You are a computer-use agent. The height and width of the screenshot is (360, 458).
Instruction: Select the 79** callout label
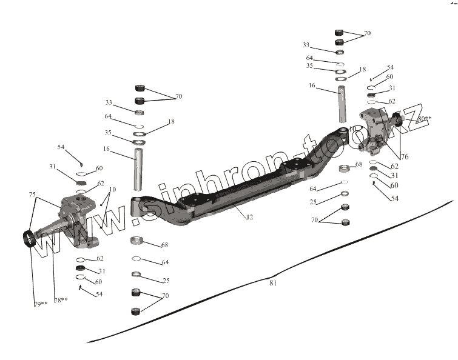(40, 303)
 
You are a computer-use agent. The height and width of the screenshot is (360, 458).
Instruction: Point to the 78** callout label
(60, 300)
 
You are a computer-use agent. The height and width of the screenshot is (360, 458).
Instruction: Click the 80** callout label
(425, 119)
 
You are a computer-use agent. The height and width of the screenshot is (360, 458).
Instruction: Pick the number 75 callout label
(32, 195)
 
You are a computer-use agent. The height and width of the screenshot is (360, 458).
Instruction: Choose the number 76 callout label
(404, 156)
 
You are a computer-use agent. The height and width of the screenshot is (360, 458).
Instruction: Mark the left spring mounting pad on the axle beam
(197, 200)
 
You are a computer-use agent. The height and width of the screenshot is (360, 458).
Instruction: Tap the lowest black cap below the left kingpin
(136, 312)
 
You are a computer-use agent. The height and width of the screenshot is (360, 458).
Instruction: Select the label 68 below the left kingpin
(164, 245)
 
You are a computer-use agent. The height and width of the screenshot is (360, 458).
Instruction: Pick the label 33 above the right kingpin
(306, 45)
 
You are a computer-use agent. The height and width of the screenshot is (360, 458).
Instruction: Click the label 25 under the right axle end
(312, 201)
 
